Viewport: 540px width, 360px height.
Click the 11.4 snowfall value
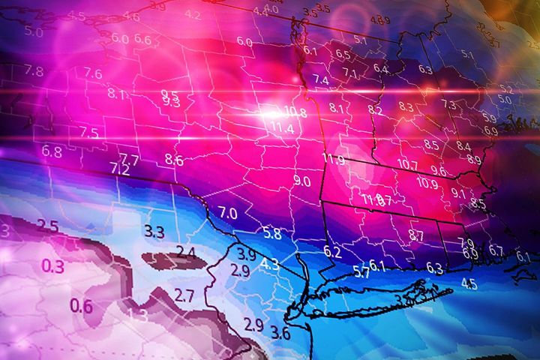[282, 128]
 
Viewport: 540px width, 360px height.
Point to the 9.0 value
[302, 181]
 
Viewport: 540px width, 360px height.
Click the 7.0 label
[227, 214]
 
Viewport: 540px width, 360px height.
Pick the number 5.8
[271, 233]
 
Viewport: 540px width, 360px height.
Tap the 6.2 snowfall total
[332, 252]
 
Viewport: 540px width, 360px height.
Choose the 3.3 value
[154, 232]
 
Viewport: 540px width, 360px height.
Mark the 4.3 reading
[270, 264]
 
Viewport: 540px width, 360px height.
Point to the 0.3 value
[52, 265]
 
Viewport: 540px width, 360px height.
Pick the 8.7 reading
[415, 236]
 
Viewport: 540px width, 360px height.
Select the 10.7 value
[407, 165]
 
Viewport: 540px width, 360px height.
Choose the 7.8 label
[34, 71]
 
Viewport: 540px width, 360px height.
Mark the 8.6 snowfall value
[174, 159]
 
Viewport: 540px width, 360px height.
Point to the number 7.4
[321, 79]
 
